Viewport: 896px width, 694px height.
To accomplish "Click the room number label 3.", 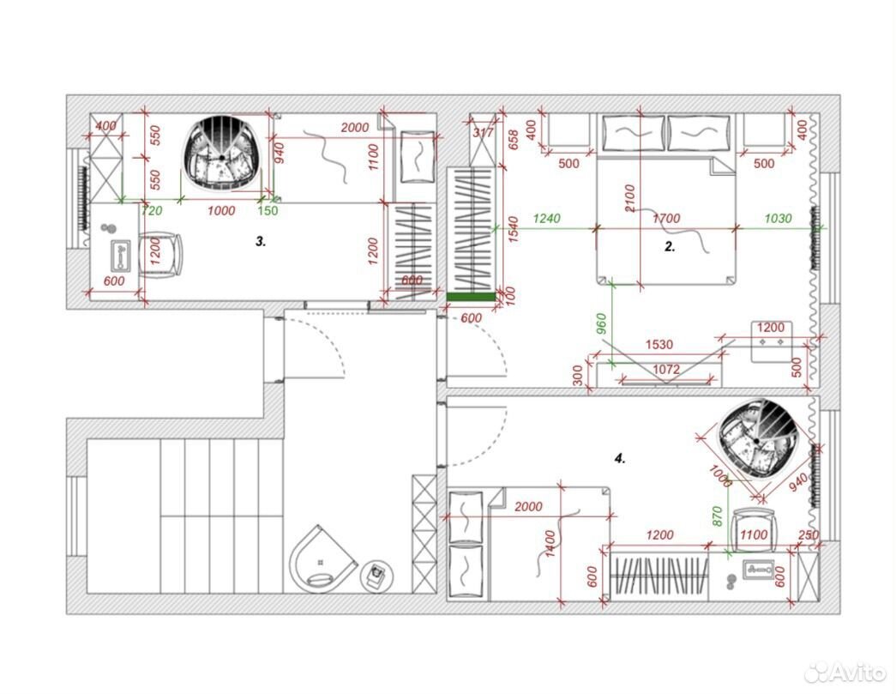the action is tap(261, 242).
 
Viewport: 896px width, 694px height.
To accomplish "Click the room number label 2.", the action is tap(670, 247).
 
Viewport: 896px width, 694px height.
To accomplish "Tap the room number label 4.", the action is tap(620, 458).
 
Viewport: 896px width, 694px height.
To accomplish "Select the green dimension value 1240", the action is tap(547, 219).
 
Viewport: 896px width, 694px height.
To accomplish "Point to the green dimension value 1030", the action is tap(778, 219).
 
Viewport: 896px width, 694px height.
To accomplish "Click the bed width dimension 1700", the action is tap(666, 219).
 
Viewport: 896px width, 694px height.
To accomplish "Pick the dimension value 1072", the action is tap(666, 369).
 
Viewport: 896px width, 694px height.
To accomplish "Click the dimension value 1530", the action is tap(658, 345).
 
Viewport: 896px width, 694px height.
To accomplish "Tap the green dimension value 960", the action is tap(601, 324).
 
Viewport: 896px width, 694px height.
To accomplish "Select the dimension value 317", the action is tap(484, 133).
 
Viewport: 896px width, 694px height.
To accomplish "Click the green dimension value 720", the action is tap(152, 211).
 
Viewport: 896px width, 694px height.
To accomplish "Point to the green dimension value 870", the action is tap(719, 516).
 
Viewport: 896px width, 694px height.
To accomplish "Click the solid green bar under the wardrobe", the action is tap(471, 296).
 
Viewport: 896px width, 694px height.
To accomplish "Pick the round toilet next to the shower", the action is tap(376, 575).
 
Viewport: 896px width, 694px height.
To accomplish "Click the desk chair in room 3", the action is tap(160, 256).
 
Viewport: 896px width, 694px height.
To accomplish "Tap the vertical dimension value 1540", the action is tap(513, 229).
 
